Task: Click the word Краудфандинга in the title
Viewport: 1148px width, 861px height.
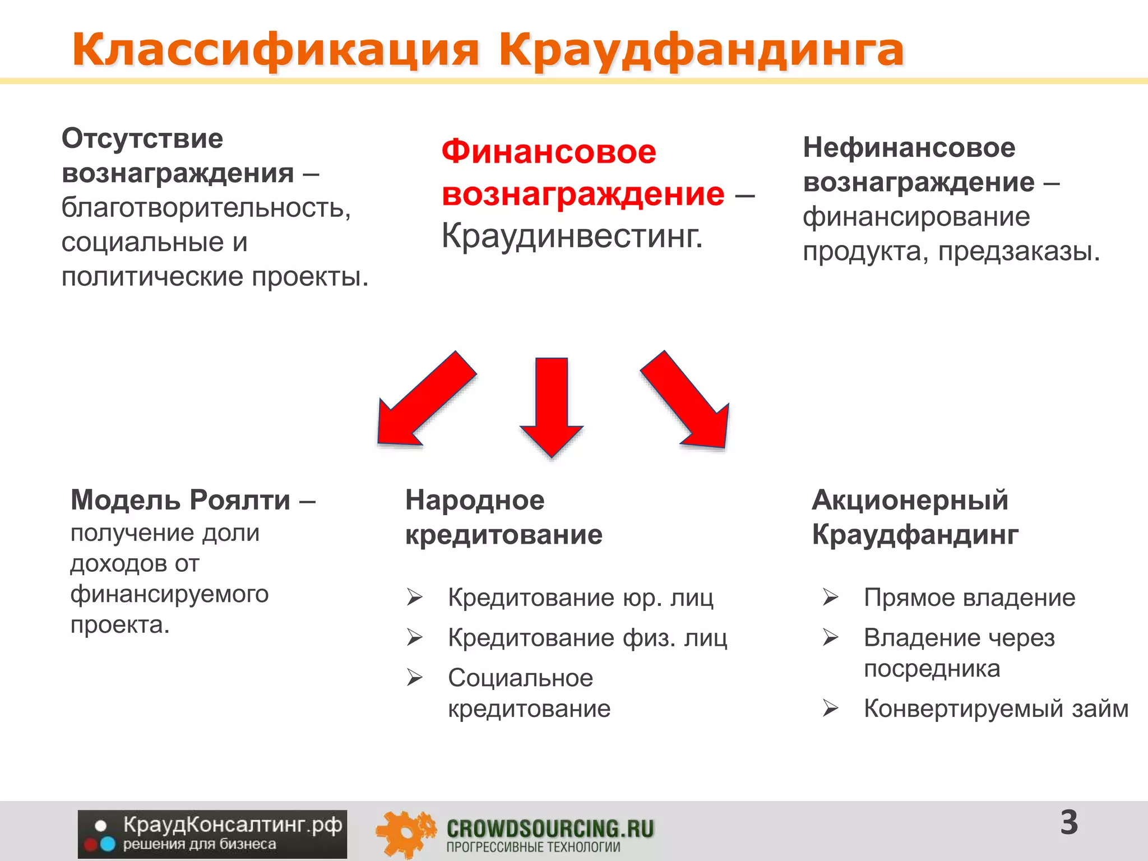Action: [x=701, y=50]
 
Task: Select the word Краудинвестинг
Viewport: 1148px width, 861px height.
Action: [x=572, y=235]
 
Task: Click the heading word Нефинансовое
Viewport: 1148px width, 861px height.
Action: [x=909, y=147]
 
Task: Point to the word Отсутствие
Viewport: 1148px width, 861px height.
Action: [x=142, y=138]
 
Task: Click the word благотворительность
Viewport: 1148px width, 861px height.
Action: [x=206, y=207]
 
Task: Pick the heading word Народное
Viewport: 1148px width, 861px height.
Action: [x=475, y=499]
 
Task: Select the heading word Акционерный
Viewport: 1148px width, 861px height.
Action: [x=910, y=499]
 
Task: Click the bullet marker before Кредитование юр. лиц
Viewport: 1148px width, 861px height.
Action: [x=415, y=598]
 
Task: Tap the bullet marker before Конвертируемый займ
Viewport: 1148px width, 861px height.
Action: [x=830, y=709]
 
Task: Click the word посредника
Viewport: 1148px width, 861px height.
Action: [x=932, y=668]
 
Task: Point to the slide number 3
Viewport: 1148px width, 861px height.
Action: [x=1069, y=823]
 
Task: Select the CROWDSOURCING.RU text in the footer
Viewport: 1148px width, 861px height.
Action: [x=550, y=828]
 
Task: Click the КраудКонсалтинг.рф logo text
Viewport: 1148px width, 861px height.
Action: [x=232, y=825]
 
